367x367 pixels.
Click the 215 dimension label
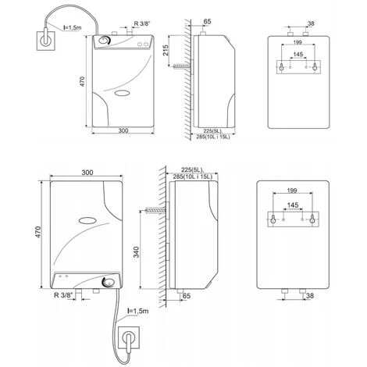click(166, 50)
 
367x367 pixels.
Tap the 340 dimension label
click(137, 252)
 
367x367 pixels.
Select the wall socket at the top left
click(46, 41)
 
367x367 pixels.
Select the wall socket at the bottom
click(129, 337)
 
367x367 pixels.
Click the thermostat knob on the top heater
click(104, 41)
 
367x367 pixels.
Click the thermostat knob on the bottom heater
click(109, 282)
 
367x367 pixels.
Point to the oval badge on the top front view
click(122, 93)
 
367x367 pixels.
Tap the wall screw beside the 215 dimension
click(181, 67)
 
